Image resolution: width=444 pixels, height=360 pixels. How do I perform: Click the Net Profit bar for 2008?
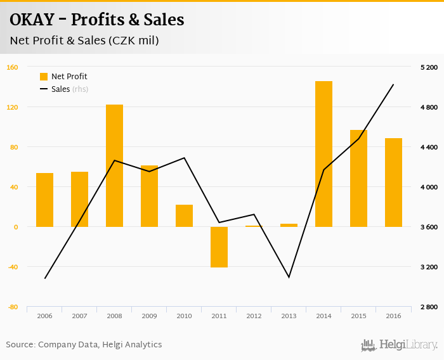click(x=114, y=165)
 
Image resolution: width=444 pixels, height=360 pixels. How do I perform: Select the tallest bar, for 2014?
click(x=323, y=154)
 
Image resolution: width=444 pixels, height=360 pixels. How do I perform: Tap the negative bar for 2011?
click(x=219, y=247)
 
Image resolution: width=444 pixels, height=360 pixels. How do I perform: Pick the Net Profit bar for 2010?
click(x=184, y=215)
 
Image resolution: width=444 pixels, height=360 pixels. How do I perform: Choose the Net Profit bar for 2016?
click(x=393, y=183)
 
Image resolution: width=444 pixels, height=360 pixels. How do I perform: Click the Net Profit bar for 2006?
click(x=44, y=200)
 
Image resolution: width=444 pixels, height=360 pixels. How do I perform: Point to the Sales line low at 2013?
click(x=289, y=277)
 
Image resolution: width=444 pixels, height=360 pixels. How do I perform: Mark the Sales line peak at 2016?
click(x=393, y=84)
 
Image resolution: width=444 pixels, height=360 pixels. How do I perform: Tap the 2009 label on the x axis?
click(x=149, y=316)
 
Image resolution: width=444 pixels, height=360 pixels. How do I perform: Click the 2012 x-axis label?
click(x=254, y=316)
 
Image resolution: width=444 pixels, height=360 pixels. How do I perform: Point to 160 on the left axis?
click(x=12, y=67)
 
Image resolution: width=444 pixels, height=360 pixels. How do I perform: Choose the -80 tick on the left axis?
click(x=12, y=307)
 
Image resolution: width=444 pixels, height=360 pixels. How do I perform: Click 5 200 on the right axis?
click(x=429, y=67)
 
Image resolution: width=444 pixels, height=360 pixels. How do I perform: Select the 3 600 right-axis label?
click(x=429, y=227)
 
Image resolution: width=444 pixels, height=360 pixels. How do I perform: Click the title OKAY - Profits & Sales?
click(x=96, y=20)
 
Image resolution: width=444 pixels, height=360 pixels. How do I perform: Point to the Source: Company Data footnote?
click(x=84, y=345)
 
